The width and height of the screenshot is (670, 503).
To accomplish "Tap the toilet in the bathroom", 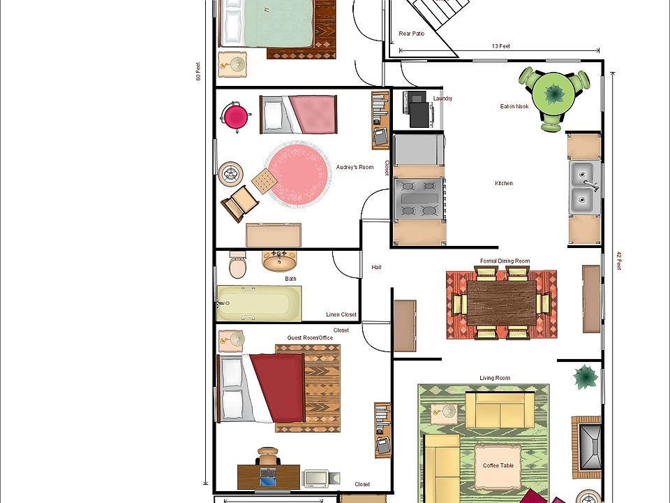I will click(238, 265).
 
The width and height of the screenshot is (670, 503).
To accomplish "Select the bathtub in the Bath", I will click(259, 302).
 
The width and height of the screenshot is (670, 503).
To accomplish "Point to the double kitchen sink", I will click(584, 187).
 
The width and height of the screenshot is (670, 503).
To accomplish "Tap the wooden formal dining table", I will click(502, 302).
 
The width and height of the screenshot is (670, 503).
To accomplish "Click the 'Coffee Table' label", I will click(498, 465).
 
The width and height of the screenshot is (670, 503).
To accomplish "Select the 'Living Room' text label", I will click(495, 378).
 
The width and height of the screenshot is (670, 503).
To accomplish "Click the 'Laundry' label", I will click(442, 99).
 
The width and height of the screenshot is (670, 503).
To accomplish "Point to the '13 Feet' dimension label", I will click(501, 46).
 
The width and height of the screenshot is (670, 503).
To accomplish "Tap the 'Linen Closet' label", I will click(341, 314).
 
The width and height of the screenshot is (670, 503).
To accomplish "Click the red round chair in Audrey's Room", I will click(236, 117).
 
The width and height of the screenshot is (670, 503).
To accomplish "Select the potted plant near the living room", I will click(586, 377).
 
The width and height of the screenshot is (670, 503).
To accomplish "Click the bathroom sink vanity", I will click(279, 261).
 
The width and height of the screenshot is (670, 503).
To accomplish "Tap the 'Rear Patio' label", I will click(412, 34).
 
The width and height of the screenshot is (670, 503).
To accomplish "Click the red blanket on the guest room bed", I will click(278, 388).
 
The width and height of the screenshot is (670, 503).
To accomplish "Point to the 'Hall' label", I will click(377, 267).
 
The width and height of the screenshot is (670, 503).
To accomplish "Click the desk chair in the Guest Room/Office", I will click(267, 456).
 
